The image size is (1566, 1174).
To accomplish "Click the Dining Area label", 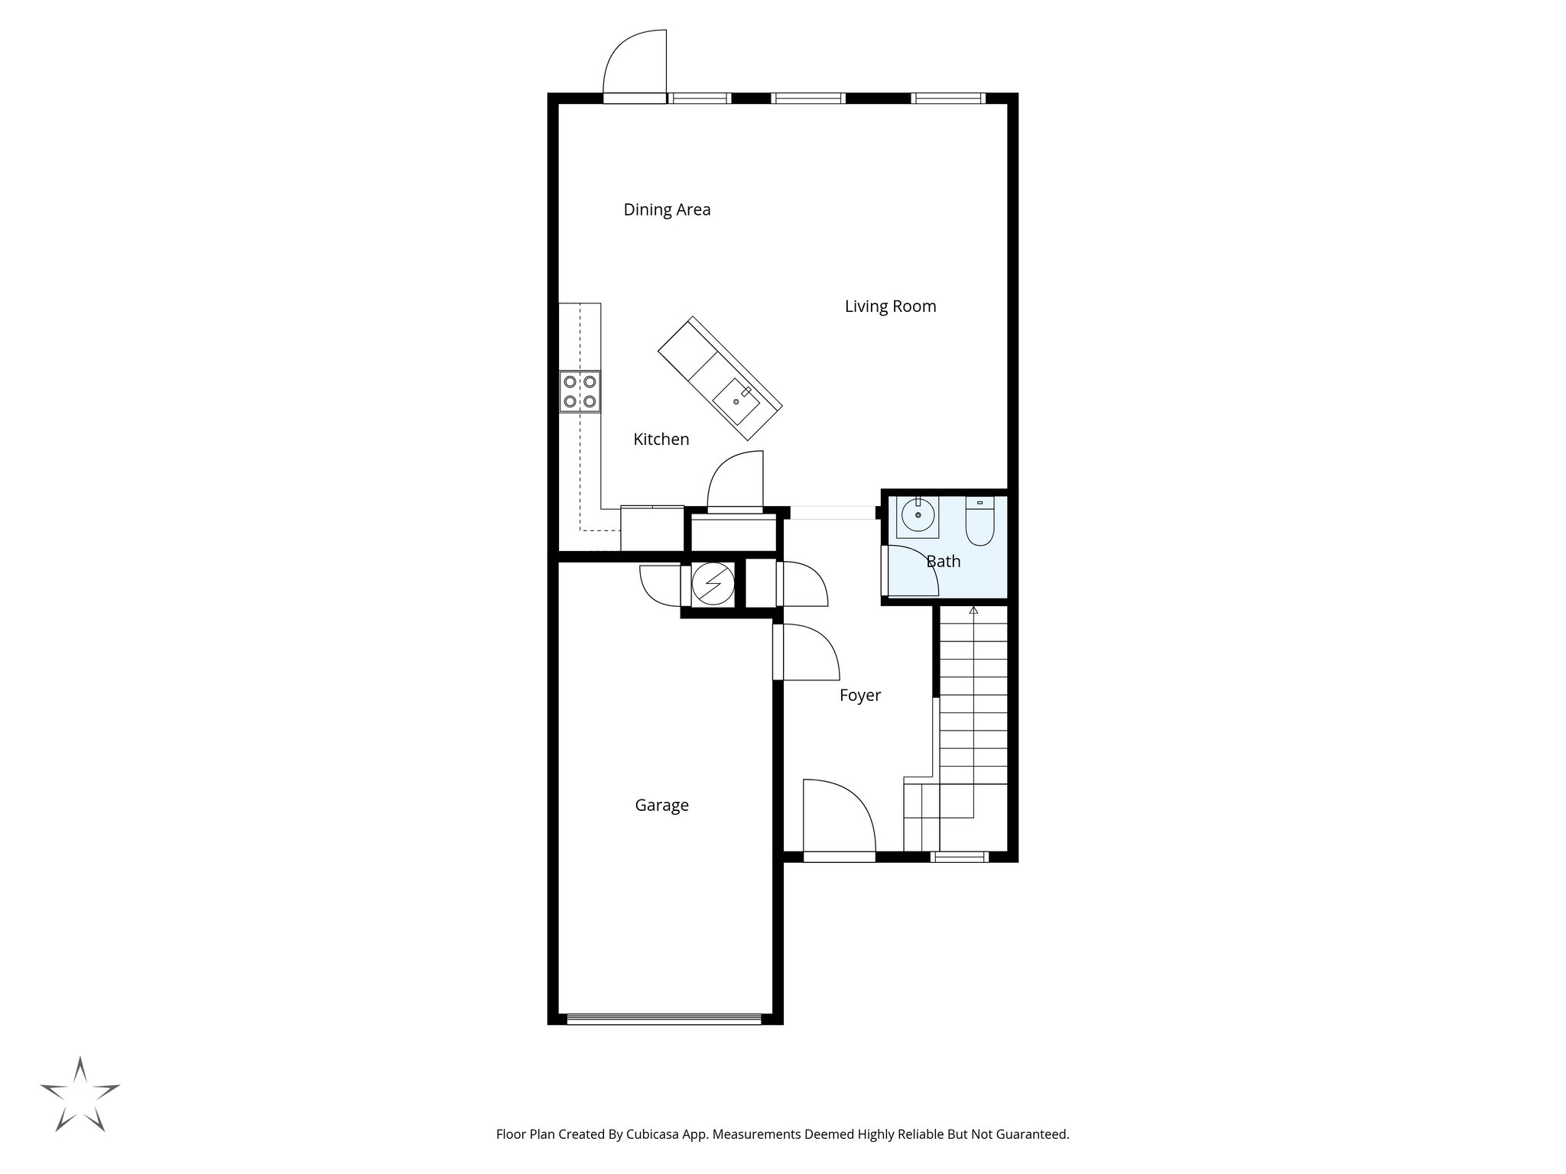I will pyautogui.click(x=667, y=209).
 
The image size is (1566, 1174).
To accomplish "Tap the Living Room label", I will pyautogui.click(x=890, y=306).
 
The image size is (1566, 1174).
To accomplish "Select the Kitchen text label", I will pyautogui.click(x=661, y=439).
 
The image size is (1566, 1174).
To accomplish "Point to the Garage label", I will pyautogui.click(x=661, y=806).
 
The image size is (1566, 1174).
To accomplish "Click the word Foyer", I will pyautogui.click(x=859, y=696).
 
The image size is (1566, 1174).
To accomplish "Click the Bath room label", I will pyautogui.click(x=943, y=562).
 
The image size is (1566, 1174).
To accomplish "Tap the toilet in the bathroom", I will pyautogui.click(x=979, y=523).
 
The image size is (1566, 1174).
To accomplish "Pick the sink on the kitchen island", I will pyautogui.click(x=736, y=401).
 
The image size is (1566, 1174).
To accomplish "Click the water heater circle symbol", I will pyautogui.click(x=713, y=585).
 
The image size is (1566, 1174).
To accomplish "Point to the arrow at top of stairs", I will pyautogui.click(x=973, y=610).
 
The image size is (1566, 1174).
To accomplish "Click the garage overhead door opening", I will pyautogui.click(x=664, y=1018).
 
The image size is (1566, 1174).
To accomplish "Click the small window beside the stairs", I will pyautogui.click(x=960, y=858).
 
